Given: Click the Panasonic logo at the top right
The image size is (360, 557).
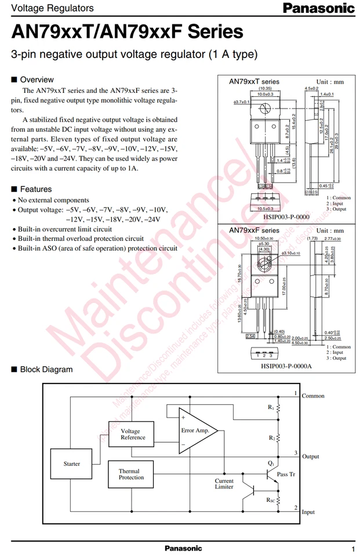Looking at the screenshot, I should pyautogui.click(x=318, y=8).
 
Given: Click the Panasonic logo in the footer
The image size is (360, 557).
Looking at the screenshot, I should pyautogui.click(x=183, y=548).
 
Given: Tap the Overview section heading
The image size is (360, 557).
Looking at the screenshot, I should pyautogui.click(x=37, y=79).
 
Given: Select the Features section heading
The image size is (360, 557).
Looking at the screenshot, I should pyautogui.click(x=36, y=189).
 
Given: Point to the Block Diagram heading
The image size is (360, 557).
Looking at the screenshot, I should pyautogui.click(x=46, y=370).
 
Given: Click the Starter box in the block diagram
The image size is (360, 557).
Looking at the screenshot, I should pyautogui.click(x=72, y=464).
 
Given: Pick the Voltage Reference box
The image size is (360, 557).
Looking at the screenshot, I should pyautogui.click(x=130, y=435).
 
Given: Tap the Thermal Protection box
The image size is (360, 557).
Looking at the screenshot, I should pyautogui.click(x=131, y=474).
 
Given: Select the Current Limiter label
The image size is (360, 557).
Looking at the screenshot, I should pyautogui.click(x=224, y=484).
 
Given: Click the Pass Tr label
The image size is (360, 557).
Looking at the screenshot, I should pyautogui.click(x=286, y=475).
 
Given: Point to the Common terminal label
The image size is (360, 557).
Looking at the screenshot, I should pyautogui.click(x=313, y=396).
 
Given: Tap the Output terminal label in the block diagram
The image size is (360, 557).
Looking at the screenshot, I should pyautogui.click(x=311, y=457).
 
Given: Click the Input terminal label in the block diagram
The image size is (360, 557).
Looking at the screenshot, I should pyautogui.click(x=308, y=512).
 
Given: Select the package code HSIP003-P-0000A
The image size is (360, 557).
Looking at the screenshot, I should pyautogui.click(x=286, y=366).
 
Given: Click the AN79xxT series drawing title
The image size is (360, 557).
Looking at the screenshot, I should pyautogui.click(x=254, y=82).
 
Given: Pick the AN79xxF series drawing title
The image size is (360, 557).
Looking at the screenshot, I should pyautogui.click(x=254, y=231).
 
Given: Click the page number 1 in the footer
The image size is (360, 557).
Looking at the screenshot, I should pyautogui.click(x=352, y=548).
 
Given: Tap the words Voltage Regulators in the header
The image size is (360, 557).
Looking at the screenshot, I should pyautogui.click(x=52, y=8).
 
